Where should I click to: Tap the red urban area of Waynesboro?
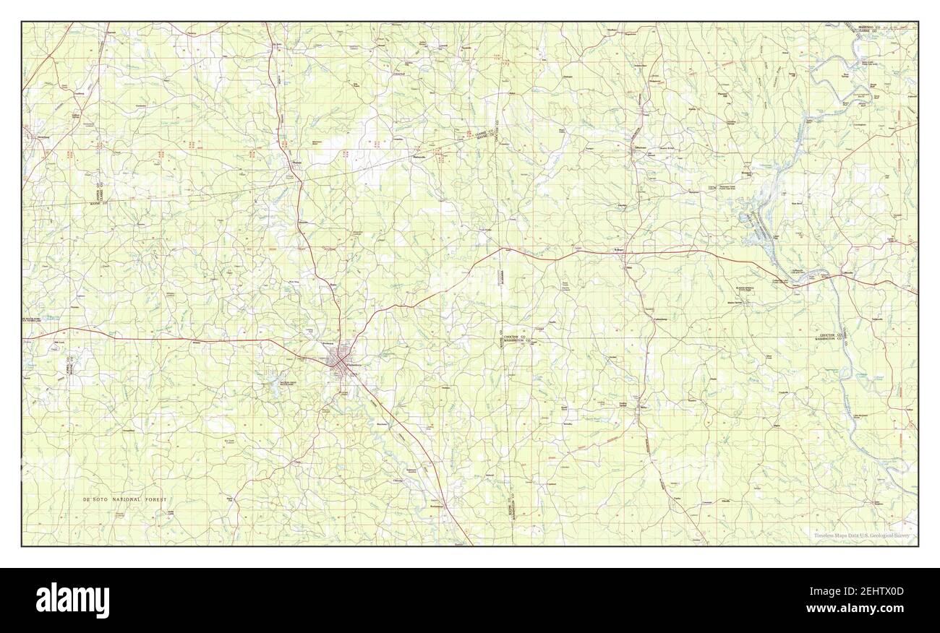click(x=337, y=358)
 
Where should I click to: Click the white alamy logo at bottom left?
click(x=73, y=600)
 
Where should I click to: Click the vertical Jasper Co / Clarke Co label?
click(x=98, y=190)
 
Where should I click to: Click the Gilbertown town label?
click(x=641, y=147)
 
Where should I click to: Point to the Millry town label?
click(x=643, y=408)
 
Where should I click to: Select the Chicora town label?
click(x=397, y=480)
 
